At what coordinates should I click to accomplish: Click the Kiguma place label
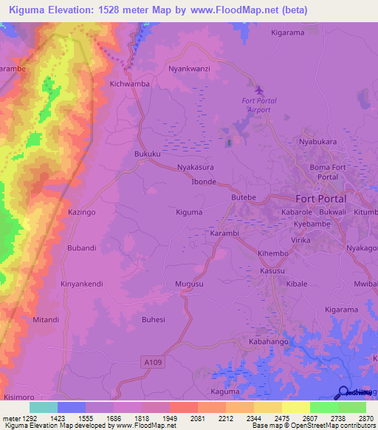189,212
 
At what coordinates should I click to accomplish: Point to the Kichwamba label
129,83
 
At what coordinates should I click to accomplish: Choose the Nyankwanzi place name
190,69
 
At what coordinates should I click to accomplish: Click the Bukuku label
148,154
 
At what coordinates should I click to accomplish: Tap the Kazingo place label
81,212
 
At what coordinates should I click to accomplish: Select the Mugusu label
189,284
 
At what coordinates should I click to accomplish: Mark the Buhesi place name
154,319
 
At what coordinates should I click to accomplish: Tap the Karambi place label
224,233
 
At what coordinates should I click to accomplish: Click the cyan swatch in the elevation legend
43,407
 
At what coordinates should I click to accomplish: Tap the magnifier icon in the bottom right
344,392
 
